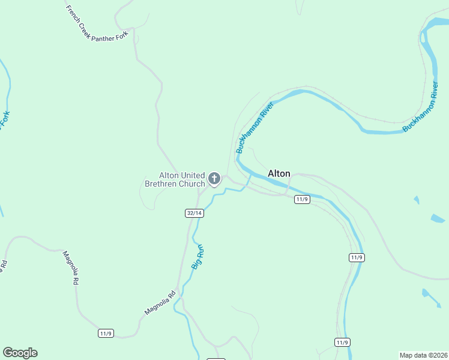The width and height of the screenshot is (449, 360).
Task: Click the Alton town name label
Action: click(x=279, y=174)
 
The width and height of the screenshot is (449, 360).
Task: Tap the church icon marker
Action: click(x=214, y=178)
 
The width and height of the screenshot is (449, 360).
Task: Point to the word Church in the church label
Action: click(x=192, y=184)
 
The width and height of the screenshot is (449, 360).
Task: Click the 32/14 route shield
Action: click(x=194, y=213)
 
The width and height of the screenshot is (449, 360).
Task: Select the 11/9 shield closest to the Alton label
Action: click(x=302, y=199)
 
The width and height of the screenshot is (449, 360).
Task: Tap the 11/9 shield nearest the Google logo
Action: click(x=106, y=333)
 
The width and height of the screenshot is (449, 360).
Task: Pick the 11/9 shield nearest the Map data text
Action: click(x=342, y=343)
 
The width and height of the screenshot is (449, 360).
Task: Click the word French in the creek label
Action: click(x=72, y=12)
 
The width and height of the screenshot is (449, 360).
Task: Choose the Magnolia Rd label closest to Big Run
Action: click(x=159, y=303)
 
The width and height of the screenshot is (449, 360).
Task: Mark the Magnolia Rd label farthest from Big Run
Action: click(x=71, y=268)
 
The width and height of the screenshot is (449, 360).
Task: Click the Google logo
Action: click(x=20, y=353)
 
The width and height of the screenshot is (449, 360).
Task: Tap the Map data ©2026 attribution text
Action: click(x=423, y=355)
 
